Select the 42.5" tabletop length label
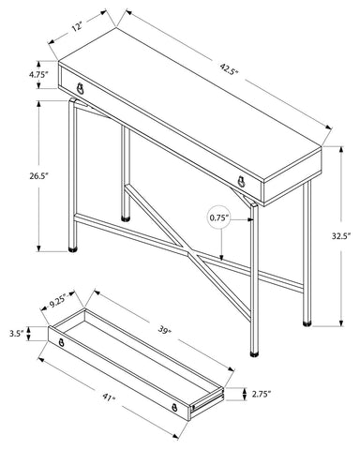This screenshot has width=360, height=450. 230,68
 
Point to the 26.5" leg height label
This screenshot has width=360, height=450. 38,176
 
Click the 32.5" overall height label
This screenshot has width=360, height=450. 341,235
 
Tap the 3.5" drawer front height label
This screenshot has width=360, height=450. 17,333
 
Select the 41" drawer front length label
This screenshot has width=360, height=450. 110,398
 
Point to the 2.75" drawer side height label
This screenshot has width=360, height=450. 261,395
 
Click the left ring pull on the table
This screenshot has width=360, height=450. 81,89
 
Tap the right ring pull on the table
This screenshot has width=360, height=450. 241,182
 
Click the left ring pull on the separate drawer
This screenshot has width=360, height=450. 62,342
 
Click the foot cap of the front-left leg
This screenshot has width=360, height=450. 73,249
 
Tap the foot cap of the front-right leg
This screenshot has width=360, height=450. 255,354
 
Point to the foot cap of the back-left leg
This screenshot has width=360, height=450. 126,218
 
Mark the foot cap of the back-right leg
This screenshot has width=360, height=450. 307,323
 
